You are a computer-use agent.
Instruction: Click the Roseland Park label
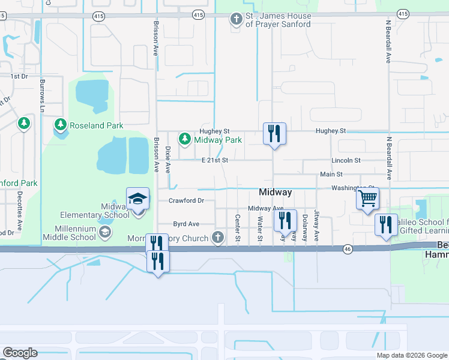97,125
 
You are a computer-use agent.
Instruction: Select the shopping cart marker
367,198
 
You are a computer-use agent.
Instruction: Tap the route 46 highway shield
348,248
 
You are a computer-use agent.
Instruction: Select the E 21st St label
215,160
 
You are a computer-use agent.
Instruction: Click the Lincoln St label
346,160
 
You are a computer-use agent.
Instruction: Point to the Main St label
331,174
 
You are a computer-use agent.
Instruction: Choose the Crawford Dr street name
187,200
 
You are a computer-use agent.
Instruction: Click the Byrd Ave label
186,224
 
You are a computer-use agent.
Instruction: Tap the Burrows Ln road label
43,96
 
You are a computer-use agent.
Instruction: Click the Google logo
20,353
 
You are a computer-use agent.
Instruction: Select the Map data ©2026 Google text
411,355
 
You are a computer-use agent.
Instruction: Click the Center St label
238,229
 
